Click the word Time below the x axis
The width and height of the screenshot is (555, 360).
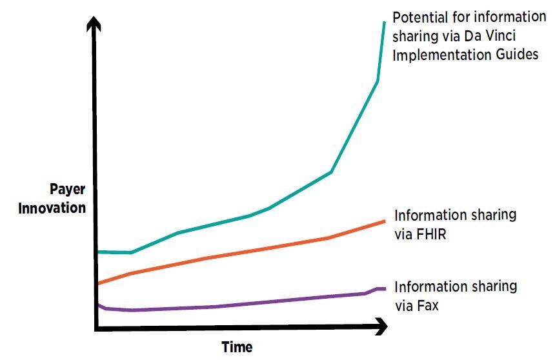[237, 347]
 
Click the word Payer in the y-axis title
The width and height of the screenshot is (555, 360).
[67, 190]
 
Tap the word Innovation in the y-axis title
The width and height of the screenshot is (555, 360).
[52, 208]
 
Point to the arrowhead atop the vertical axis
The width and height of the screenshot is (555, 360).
[96, 24]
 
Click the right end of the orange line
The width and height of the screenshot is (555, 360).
[385, 221]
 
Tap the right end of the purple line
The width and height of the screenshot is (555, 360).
[385, 288]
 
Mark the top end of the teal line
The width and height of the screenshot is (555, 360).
[385, 23]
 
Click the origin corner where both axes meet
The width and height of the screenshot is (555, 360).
[96, 329]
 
